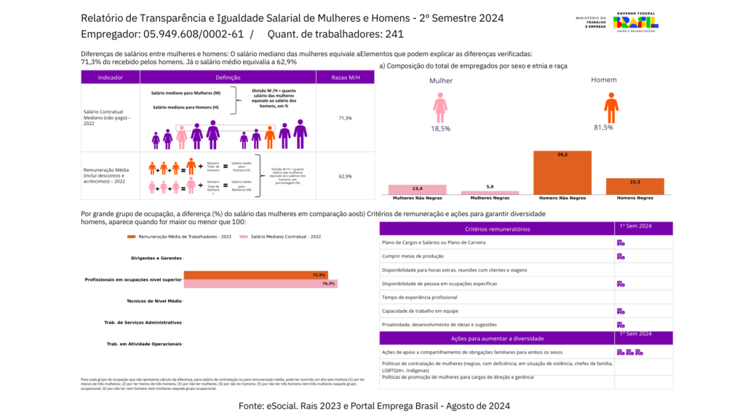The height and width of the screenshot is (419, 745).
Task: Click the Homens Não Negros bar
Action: point(562,172)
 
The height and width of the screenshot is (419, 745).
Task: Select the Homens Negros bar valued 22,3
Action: point(635,186)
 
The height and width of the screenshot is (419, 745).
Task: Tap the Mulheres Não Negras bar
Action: point(418,189)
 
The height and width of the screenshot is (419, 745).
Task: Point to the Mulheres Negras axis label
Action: point(490,198)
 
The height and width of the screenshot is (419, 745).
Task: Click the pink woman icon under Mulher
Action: point(440,107)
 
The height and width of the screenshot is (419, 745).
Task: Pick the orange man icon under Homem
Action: point(611,107)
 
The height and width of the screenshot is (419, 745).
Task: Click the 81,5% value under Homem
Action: point(603,127)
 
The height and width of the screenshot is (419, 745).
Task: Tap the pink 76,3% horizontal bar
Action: point(260,284)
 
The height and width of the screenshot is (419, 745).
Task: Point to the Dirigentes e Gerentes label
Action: point(156,258)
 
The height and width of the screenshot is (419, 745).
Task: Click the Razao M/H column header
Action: point(345,77)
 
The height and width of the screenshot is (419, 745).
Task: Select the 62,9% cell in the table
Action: point(345,176)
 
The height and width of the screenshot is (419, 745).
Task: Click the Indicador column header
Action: point(110,77)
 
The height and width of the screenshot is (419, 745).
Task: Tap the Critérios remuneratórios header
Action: point(497,229)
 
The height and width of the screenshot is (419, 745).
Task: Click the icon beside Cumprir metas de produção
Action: point(621,256)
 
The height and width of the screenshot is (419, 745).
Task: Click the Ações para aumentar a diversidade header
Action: point(497,338)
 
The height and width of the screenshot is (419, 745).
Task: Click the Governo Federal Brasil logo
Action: point(637,22)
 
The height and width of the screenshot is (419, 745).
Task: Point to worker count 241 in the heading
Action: point(394,34)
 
